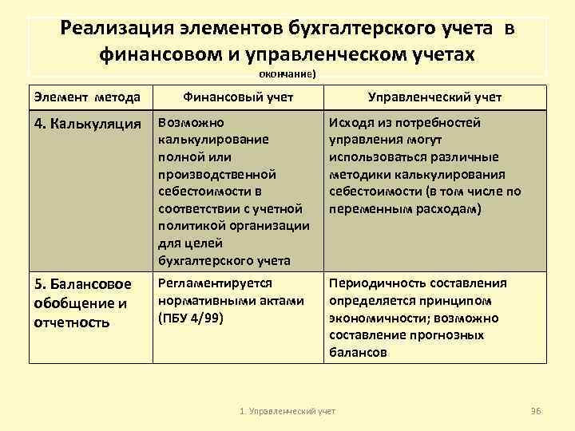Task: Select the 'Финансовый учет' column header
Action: [x=238, y=97]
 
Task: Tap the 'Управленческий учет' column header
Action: [x=434, y=97]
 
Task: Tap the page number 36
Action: [x=536, y=410]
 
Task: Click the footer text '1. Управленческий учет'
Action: [x=288, y=410]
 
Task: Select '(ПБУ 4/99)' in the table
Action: [x=192, y=318]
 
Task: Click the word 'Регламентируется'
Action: [x=216, y=283]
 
